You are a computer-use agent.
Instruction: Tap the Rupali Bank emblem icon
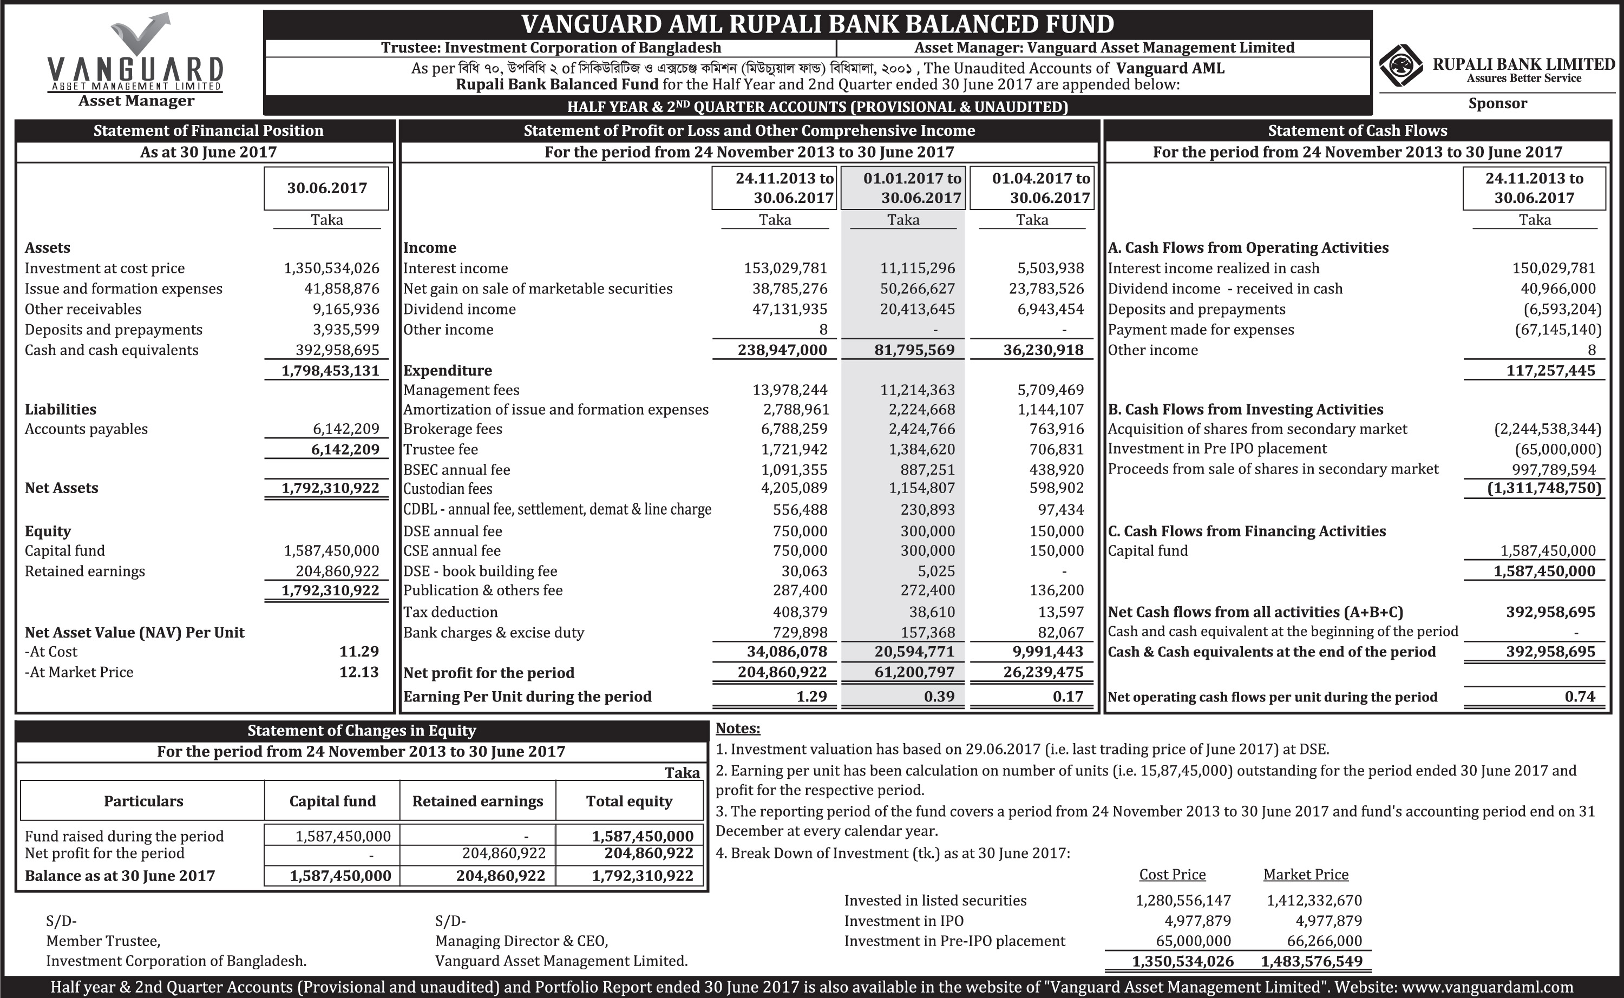[x=1401, y=65]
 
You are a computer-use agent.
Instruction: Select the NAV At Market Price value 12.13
[x=358, y=672]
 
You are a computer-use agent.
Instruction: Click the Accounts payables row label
[x=86, y=429]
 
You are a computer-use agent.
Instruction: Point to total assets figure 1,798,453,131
[x=330, y=370]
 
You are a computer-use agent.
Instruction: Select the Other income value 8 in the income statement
[x=823, y=330]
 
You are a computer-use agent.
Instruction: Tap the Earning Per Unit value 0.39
[x=939, y=697]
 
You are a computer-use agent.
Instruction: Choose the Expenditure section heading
[x=448, y=370]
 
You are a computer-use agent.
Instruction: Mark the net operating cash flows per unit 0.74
[x=1579, y=697]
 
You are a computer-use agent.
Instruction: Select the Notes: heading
[x=737, y=728]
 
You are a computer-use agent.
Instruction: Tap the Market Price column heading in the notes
[x=1305, y=874]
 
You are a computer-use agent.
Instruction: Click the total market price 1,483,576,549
[x=1311, y=961]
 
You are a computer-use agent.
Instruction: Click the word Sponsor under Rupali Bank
[x=1497, y=103]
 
